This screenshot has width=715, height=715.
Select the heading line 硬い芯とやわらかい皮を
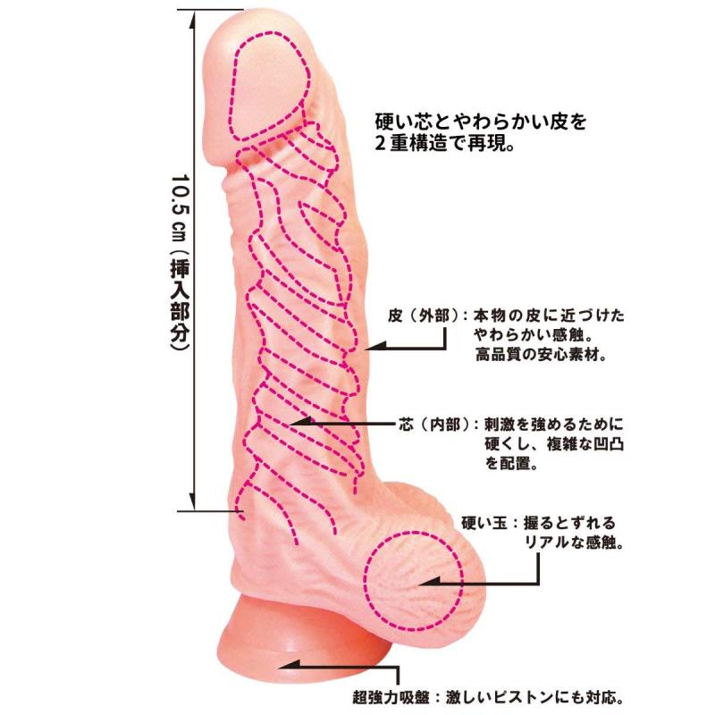pyautogui.click(x=481, y=122)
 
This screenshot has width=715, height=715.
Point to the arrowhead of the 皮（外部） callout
pyautogui.click(x=374, y=348)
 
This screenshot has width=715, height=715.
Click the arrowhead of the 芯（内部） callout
pyautogui.click(x=301, y=422)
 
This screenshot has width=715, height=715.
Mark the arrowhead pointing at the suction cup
pyautogui.click(x=290, y=666)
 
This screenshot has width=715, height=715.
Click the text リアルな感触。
pyautogui.click(x=574, y=543)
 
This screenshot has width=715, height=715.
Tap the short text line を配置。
pyautogui.click(x=510, y=463)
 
